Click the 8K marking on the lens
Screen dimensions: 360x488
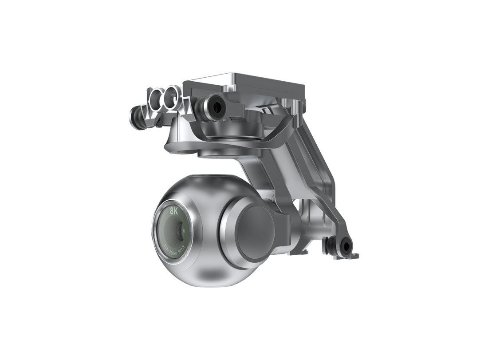173,212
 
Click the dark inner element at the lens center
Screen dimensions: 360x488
180,230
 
